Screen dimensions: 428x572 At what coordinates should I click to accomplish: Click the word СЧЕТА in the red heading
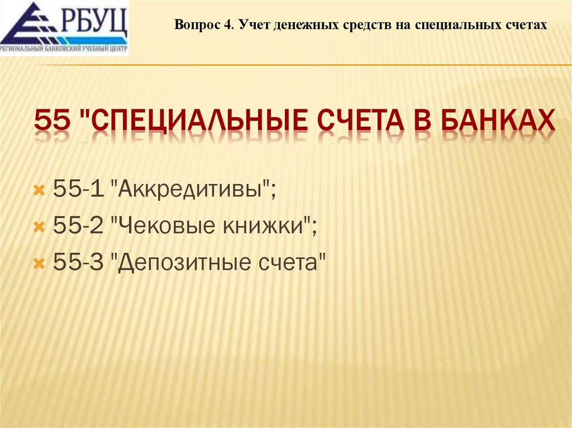(365, 121)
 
